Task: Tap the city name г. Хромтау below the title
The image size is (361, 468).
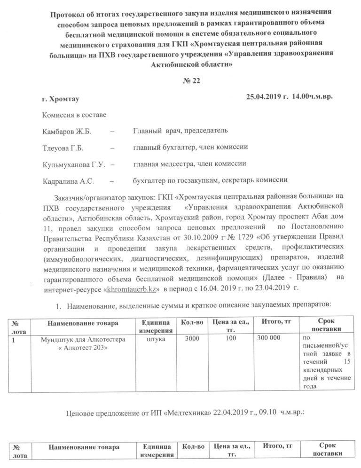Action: pos(61,99)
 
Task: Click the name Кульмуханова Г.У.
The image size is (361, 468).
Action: pos(72,164)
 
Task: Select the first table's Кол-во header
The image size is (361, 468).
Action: pos(192,322)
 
